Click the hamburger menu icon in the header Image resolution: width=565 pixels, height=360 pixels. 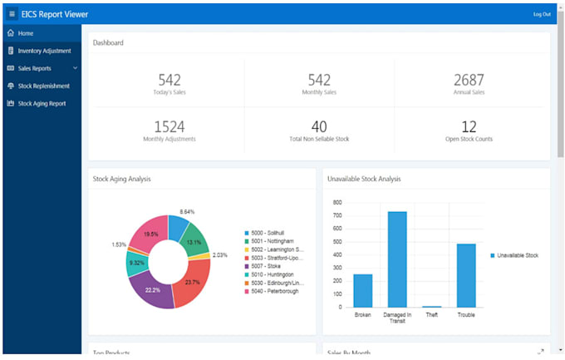(12, 14)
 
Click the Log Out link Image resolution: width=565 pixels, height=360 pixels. (541, 14)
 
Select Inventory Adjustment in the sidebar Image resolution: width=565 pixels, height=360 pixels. (45, 51)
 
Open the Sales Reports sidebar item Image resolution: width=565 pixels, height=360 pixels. (38, 68)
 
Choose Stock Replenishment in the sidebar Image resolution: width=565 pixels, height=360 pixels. (43, 86)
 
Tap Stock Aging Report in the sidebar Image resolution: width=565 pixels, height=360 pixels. (42, 104)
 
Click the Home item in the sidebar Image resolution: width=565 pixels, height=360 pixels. (25, 33)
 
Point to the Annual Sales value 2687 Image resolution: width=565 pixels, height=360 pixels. (469, 80)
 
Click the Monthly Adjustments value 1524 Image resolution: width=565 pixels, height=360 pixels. (169, 126)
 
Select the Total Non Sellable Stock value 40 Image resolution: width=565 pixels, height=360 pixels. (319, 126)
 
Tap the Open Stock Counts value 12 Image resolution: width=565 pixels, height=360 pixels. (469, 126)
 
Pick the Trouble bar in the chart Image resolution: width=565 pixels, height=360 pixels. (466, 275)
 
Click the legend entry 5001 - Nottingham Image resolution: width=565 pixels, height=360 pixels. (273, 241)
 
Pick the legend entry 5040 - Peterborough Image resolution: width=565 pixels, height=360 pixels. (274, 291)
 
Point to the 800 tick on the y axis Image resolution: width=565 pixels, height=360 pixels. (337, 202)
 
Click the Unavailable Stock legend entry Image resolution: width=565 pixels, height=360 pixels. (517, 255)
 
